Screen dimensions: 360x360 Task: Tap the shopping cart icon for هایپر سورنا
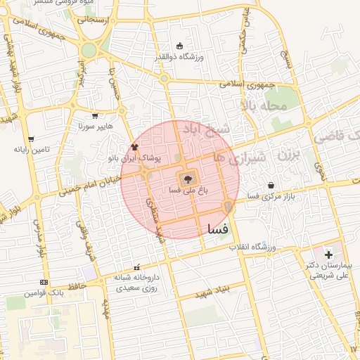pyautogui.click(x=95, y=116)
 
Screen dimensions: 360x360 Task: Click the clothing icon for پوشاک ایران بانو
pyautogui.click(x=134, y=147)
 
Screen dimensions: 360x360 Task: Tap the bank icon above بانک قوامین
pyautogui.click(x=44, y=283)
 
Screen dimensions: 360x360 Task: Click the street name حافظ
pyautogui.click(x=77, y=285)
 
